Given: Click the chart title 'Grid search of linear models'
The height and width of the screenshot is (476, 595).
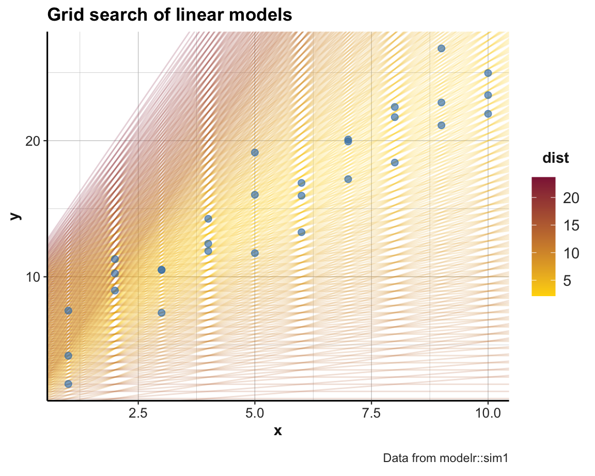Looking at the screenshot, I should (169, 16).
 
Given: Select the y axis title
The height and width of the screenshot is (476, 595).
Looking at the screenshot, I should (16, 216).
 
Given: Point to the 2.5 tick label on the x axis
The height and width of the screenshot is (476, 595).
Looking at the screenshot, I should (138, 413).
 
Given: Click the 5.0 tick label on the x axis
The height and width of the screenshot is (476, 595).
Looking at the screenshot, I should (255, 413).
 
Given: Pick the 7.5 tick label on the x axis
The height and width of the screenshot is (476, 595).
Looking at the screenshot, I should (371, 413).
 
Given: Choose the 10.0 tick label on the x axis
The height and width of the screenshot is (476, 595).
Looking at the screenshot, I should (488, 413).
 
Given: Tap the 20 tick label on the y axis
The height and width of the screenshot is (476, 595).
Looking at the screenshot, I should (33, 141).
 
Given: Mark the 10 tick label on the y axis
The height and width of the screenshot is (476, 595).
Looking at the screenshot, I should (33, 277).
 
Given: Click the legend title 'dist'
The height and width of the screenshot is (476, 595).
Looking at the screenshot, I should (556, 159).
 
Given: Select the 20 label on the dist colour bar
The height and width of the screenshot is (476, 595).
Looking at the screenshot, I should (572, 198).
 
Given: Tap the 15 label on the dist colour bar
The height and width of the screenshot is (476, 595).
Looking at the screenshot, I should (572, 226).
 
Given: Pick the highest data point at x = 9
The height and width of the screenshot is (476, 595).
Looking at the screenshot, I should (442, 49).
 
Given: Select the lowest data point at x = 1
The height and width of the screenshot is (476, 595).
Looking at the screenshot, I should (68, 384).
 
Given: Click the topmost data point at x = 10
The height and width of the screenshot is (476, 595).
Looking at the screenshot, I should (488, 73).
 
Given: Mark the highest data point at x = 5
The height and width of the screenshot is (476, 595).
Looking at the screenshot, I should (255, 152).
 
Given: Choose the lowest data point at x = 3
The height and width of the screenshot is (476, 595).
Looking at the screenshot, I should (161, 313).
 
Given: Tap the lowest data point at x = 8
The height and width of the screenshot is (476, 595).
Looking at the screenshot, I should (395, 162).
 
